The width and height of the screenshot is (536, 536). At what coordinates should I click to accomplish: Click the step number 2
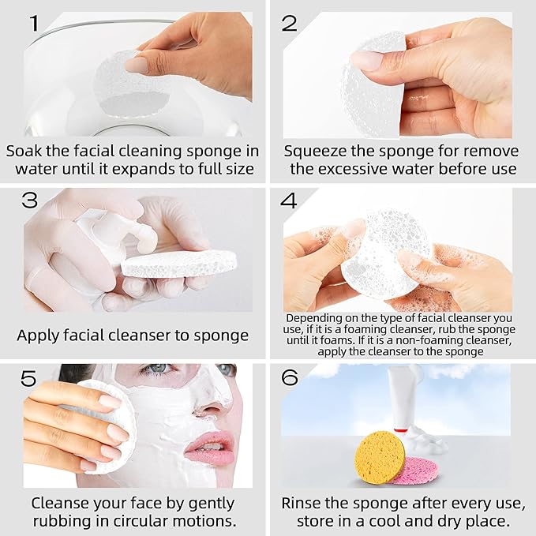coord(289,23)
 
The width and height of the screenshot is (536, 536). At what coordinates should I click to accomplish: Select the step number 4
coord(289,201)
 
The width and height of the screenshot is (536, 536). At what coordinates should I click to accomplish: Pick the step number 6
coord(289,378)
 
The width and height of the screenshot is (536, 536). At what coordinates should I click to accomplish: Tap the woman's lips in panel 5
coord(209,447)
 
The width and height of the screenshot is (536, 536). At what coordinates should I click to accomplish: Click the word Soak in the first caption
coord(25,150)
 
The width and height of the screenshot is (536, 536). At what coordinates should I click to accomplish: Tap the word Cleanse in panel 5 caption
coord(58,503)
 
